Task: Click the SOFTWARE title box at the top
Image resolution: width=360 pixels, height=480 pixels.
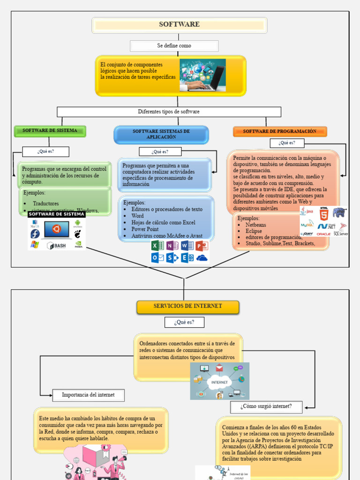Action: [x=180, y=25]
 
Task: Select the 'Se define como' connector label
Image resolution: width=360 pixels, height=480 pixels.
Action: [x=174, y=46]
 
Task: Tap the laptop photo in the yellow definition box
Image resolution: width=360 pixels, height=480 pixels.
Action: [x=202, y=75]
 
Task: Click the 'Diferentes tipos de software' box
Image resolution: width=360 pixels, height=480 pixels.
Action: [x=169, y=112]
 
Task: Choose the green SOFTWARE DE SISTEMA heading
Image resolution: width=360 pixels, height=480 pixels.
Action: [x=50, y=131]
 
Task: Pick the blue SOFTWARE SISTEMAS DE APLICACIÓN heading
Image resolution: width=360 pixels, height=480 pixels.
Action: [x=161, y=135]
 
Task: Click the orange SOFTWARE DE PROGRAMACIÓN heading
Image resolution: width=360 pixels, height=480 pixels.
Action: [x=279, y=132]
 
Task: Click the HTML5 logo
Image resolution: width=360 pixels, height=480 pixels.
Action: [x=323, y=213]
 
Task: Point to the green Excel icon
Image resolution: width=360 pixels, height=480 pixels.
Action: [x=157, y=246]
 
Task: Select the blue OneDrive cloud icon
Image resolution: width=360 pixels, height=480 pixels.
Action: [x=202, y=258]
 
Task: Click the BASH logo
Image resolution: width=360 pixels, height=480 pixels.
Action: [x=56, y=245]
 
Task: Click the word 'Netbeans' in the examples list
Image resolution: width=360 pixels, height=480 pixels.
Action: [x=255, y=225]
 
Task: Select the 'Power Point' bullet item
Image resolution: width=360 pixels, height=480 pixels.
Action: [x=145, y=229]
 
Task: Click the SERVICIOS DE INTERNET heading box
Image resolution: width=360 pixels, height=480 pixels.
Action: [x=187, y=307]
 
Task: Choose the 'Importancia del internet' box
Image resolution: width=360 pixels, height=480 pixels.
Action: [x=88, y=395]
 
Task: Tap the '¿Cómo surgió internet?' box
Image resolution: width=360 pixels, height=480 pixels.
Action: [x=266, y=406]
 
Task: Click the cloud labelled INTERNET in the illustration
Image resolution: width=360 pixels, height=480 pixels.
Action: [x=219, y=382]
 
